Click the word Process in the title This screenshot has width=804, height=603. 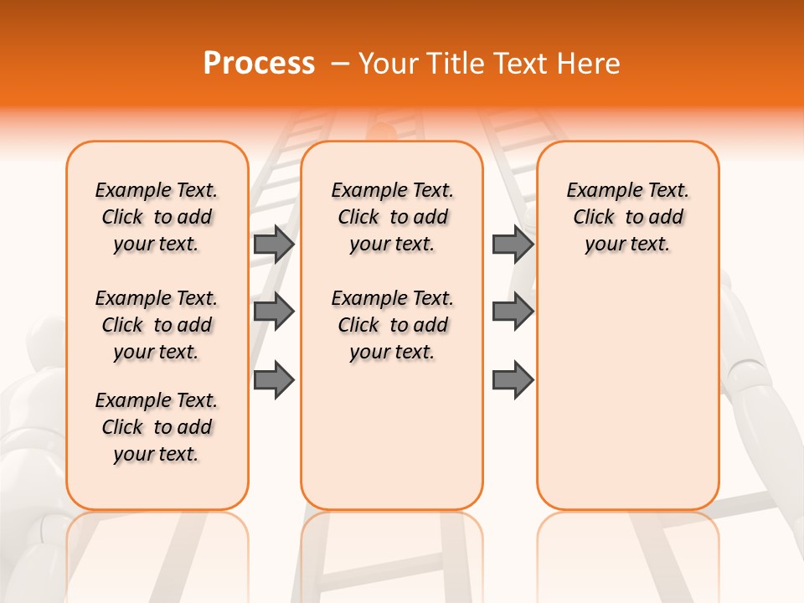point(259,64)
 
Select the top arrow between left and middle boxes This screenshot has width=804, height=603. point(273,244)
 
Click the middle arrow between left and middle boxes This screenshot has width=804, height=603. point(273,312)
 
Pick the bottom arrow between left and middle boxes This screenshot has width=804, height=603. point(273,380)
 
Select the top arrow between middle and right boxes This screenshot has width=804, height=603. point(513,244)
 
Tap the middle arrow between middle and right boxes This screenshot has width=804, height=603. point(513,312)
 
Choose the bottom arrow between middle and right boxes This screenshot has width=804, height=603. point(513,380)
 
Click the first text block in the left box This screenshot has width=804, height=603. point(157,217)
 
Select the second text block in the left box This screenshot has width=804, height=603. point(157,325)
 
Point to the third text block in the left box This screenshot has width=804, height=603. point(157,427)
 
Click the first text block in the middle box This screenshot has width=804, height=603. point(392,217)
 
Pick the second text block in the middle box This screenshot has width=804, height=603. point(392,325)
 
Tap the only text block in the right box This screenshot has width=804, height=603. point(627,217)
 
